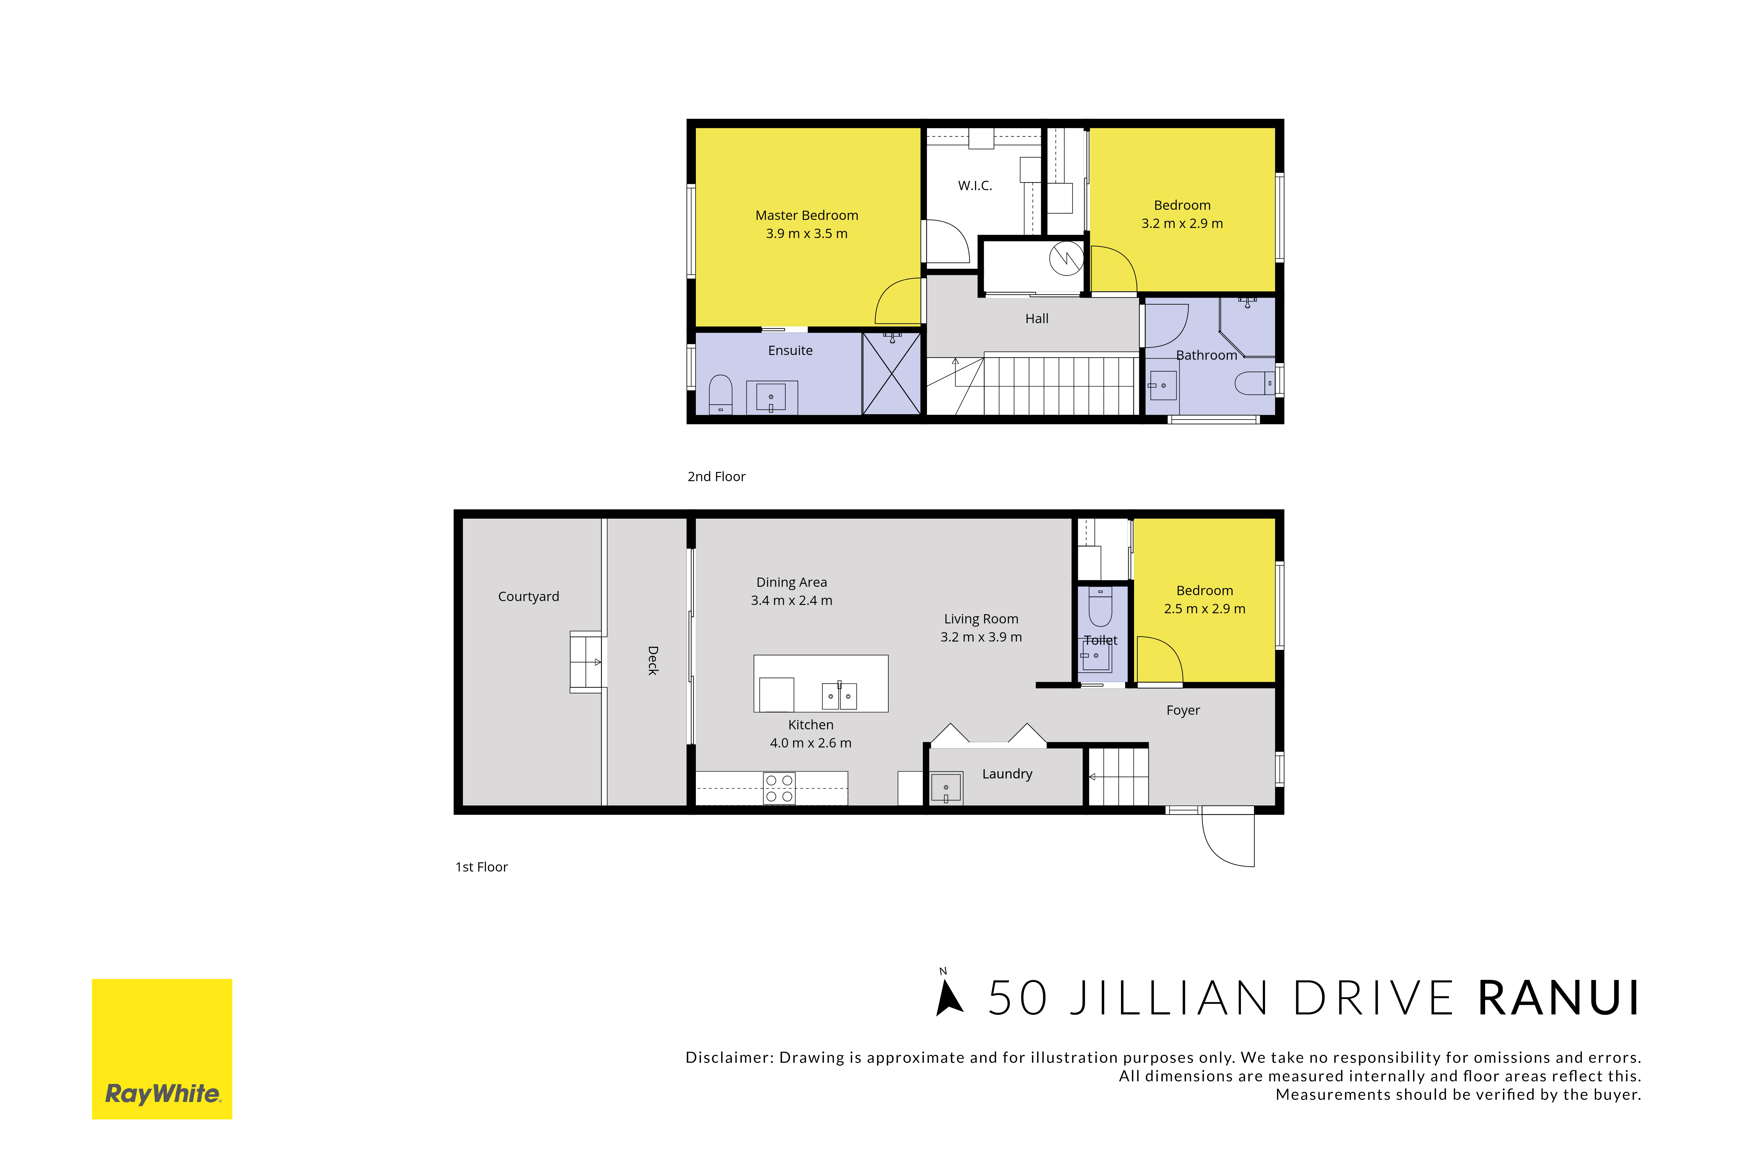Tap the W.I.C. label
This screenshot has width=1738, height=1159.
(975, 185)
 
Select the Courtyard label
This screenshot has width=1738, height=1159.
(528, 597)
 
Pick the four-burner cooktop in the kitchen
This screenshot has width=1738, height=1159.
(779, 788)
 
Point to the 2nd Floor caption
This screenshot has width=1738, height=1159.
(716, 477)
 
